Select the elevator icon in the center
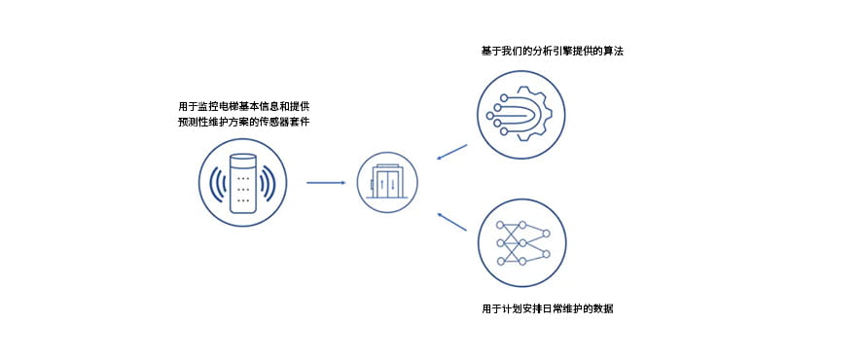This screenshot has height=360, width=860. [386, 181]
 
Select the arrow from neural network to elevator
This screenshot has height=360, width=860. [451, 223]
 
